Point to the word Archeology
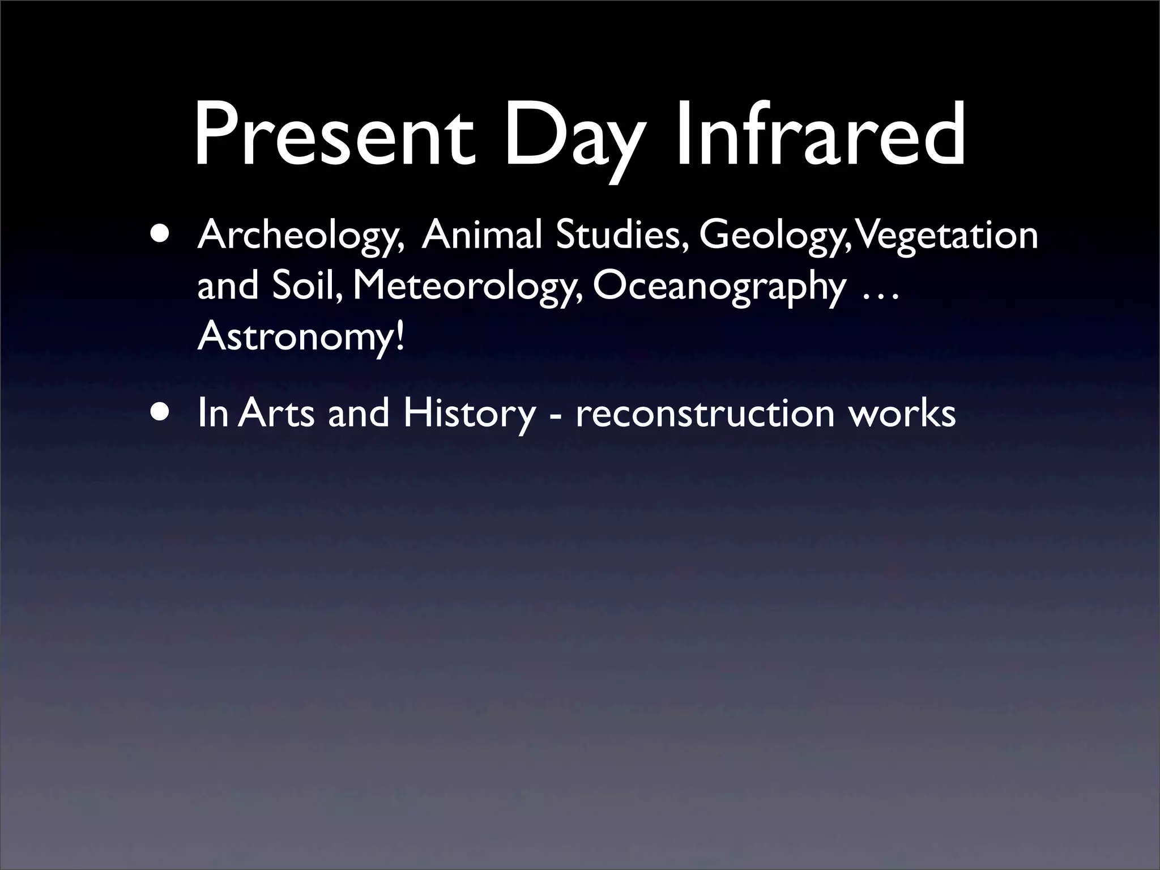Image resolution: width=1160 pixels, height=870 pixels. click(x=298, y=237)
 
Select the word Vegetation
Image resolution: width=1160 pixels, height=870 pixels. click(x=948, y=237)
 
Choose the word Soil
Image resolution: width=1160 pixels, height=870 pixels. click(x=306, y=286)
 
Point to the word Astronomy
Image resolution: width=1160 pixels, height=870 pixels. click(x=294, y=337)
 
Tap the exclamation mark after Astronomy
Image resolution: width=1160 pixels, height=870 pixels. click(x=400, y=336)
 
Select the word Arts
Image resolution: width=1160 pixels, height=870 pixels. click(x=276, y=413)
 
